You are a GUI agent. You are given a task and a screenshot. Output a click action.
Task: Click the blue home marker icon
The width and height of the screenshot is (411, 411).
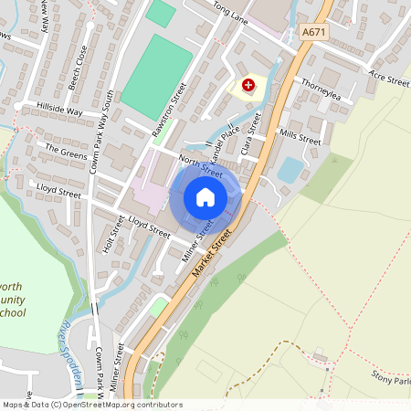pos(205,197)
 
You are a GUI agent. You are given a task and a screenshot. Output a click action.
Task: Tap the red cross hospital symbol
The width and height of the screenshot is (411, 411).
pos(248,85)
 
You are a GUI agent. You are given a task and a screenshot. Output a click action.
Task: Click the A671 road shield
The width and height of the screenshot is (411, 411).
pos(313,31)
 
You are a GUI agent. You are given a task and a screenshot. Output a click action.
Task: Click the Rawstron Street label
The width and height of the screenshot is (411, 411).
pos(169,111)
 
